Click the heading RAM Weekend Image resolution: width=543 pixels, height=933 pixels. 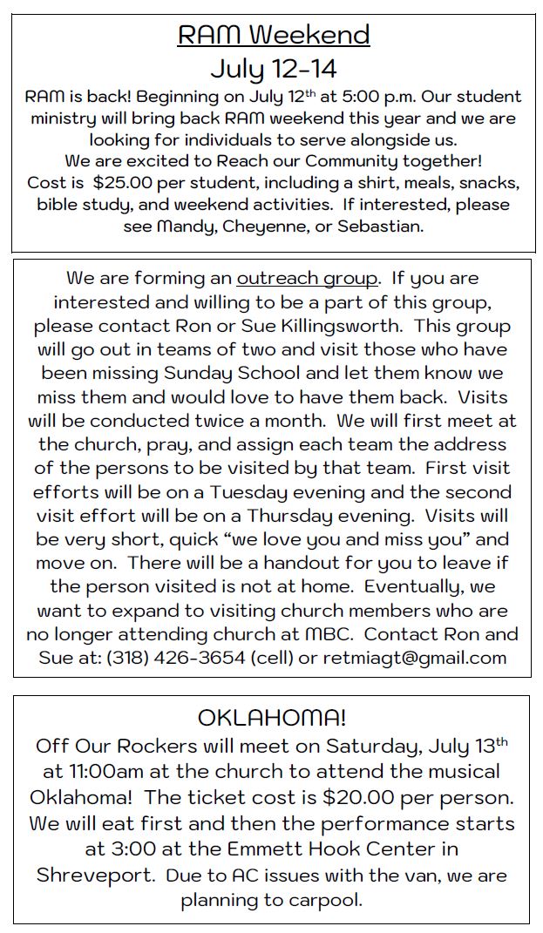click(273, 35)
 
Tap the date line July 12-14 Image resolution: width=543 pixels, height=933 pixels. click(273, 67)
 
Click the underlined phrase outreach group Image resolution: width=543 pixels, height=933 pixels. click(308, 279)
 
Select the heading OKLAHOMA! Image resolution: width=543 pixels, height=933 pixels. click(272, 718)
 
